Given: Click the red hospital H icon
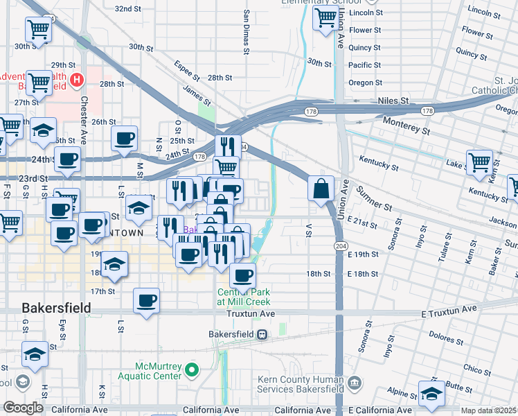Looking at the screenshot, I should point(77,80).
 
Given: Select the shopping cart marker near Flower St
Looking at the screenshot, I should point(325,19).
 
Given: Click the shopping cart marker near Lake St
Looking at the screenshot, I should point(479,164).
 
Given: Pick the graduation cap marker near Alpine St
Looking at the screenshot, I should point(431,395).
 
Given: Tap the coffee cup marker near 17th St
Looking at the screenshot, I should point(146,301).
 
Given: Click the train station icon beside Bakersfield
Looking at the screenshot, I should point(262,334).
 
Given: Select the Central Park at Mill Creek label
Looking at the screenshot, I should point(243,296).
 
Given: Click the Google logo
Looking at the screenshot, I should point(23,408).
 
